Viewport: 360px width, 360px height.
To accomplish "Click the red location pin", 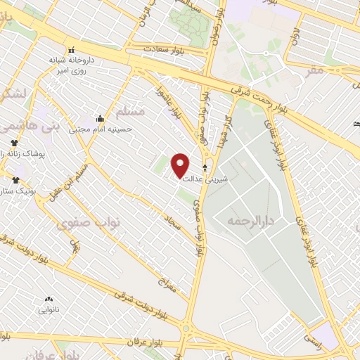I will pyautogui.click(x=181, y=165).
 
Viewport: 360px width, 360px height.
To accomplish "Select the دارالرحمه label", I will pyautogui.click(x=248, y=221).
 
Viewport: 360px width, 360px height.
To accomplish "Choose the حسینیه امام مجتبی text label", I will pyautogui.click(x=101, y=129).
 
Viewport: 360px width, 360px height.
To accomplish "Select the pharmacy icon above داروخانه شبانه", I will pyautogui.click(x=71, y=50).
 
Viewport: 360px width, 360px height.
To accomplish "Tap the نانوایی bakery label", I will pyautogui.click(x=49, y=309).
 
